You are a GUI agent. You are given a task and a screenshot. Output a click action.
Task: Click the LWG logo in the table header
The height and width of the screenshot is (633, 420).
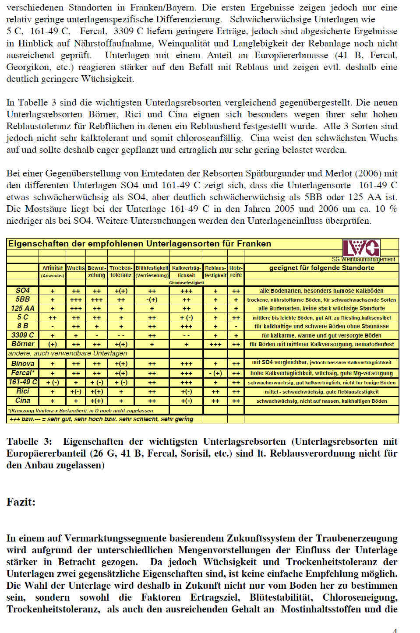pos(361,248)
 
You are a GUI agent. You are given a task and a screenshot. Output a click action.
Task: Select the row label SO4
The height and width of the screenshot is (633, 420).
pos(23,291)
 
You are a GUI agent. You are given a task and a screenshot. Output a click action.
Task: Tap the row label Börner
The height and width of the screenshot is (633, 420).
pos(23,344)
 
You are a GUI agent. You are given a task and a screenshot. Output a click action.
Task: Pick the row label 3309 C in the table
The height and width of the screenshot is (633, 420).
pos(23,335)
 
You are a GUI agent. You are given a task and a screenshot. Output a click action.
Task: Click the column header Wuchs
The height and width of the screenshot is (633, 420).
pos(76,268)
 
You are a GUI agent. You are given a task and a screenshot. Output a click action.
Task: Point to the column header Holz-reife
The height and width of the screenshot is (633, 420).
pos(236,271)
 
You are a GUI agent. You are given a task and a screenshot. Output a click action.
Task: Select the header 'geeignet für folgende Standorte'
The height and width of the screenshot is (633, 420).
pos(321,268)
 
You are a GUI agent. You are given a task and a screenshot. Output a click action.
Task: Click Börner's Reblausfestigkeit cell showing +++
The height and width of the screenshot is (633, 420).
pos(215,345)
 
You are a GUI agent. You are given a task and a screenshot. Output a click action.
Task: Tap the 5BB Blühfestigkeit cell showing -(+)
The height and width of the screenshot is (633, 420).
pos(152,300)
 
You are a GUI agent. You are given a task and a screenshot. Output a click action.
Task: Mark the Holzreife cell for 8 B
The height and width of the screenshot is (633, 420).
pos(236,327)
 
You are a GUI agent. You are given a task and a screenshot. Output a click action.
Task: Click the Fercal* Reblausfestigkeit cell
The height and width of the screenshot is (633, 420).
pos(215,373)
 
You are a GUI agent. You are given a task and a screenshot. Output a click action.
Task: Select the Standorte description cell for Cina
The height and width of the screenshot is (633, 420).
pos(321,401)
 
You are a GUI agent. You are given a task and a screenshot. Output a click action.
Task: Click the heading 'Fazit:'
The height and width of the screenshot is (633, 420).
pos(21,502)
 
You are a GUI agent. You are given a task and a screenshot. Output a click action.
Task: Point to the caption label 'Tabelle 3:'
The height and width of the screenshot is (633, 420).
pos(29,441)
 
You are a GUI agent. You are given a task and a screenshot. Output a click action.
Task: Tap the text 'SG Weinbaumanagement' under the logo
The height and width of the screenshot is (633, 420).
pos(364,259)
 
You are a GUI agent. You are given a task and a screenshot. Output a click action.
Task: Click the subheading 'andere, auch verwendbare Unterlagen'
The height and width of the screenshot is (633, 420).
pos(68,353)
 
